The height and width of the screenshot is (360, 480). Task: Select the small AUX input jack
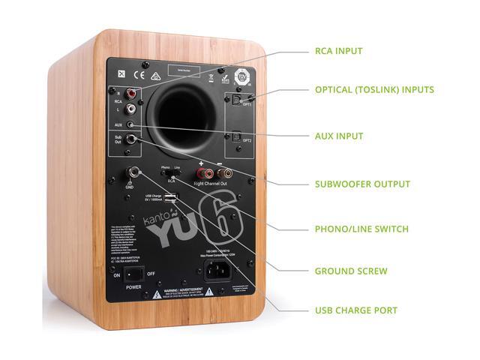[132, 124]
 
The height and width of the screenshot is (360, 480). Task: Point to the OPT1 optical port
[235, 97]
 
